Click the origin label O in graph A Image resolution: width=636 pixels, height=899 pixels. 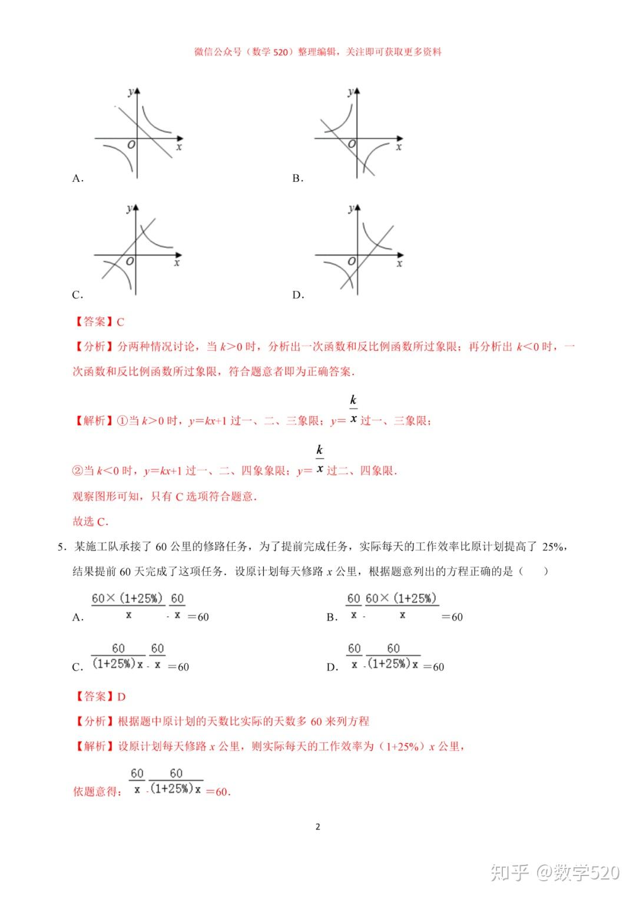click(x=131, y=145)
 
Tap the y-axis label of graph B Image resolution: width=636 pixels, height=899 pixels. click(x=350, y=92)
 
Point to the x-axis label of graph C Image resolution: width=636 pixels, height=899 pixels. click(x=177, y=263)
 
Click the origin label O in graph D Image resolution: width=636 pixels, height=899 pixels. click(x=352, y=261)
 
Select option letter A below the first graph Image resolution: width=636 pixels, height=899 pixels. click(x=78, y=178)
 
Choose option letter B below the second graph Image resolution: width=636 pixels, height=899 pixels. click(x=297, y=178)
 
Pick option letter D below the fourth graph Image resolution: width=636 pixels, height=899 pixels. click(x=298, y=295)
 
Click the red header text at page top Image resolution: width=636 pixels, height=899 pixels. click(x=318, y=52)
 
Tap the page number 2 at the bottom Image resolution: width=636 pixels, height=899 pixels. click(x=318, y=827)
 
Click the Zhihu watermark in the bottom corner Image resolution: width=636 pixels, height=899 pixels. click(x=555, y=872)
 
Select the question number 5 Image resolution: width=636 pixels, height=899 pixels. click(x=61, y=547)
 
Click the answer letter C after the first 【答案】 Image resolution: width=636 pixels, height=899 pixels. click(x=121, y=322)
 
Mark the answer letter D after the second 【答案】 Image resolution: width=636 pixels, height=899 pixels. click(x=121, y=697)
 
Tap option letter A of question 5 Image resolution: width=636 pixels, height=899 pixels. click(x=78, y=618)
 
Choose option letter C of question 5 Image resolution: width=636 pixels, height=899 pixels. click(x=78, y=667)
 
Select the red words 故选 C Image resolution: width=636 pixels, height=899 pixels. click(x=90, y=522)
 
